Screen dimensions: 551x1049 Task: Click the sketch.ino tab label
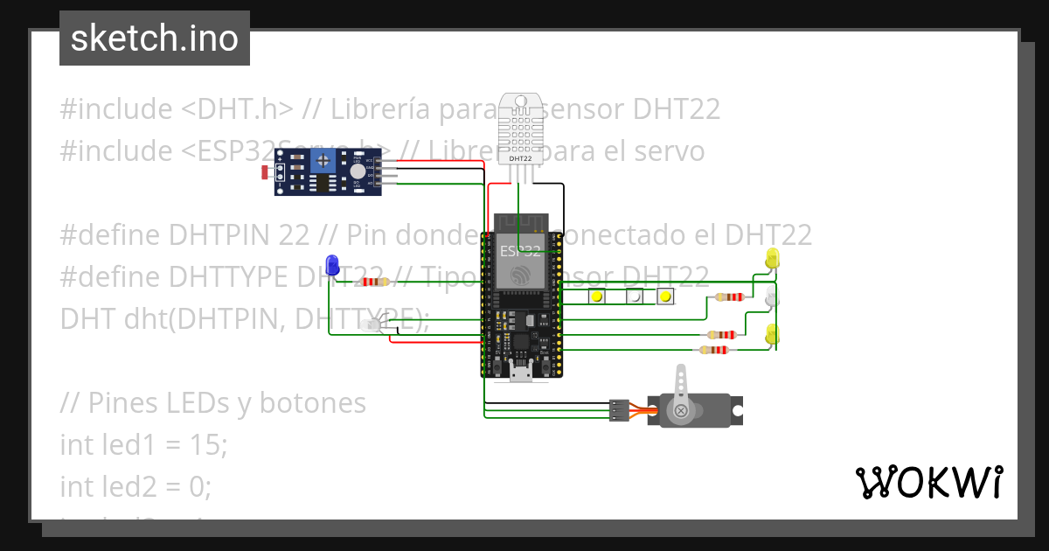pyautogui.click(x=155, y=38)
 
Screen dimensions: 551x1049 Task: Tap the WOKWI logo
pyautogui.click(x=928, y=482)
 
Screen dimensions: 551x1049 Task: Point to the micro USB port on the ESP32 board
pyautogui.click(x=521, y=373)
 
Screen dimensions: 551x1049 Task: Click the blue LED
pyautogui.click(x=331, y=264)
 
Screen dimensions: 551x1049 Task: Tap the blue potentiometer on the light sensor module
pyautogui.click(x=325, y=160)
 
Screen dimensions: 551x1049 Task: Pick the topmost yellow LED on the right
pyautogui.click(x=773, y=258)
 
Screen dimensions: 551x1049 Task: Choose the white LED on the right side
pyautogui.click(x=772, y=297)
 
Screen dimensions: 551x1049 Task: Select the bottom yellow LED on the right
pyautogui.click(x=773, y=334)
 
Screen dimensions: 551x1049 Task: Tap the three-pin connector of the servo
pyautogui.click(x=619, y=410)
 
